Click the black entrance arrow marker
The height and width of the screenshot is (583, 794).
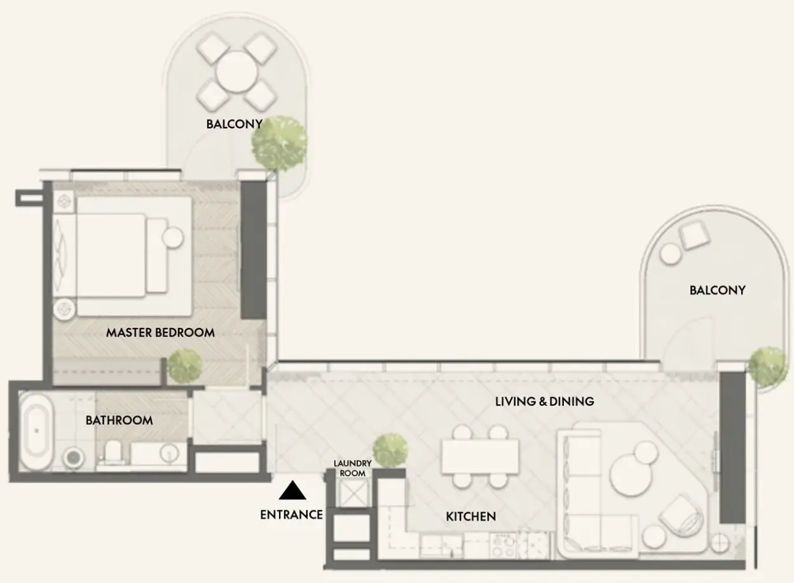(x=292, y=491)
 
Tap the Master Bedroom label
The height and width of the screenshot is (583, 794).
(x=160, y=333)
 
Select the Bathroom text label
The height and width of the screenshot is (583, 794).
(x=119, y=420)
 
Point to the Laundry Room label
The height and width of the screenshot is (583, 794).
(x=352, y=468)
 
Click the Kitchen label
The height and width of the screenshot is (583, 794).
(x=470, y=517)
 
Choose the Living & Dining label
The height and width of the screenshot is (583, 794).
(x=544, y=402)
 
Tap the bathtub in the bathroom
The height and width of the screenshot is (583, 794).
(x=36, y=432)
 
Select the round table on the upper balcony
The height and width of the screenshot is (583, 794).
(x=237, y=72)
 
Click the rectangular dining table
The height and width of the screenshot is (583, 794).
(x=481, y=456)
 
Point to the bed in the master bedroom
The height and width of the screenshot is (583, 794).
(x=123, y=256)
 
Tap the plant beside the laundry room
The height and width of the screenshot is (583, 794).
(x=390, y=450)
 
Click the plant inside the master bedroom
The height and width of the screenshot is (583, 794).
(x=184, y=366)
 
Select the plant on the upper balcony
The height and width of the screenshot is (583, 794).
(x=279, y=144)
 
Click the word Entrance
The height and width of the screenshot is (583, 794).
(x=291, y=514)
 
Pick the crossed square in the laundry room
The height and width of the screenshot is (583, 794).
(x=352, y=493)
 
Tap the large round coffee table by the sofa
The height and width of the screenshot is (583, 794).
(x=631, y=475)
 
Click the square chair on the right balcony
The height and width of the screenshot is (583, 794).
(x=694, y=235)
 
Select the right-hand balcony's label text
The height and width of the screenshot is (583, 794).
(x=718, y=291)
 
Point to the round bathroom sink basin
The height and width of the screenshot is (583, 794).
(x=170, y=453)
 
